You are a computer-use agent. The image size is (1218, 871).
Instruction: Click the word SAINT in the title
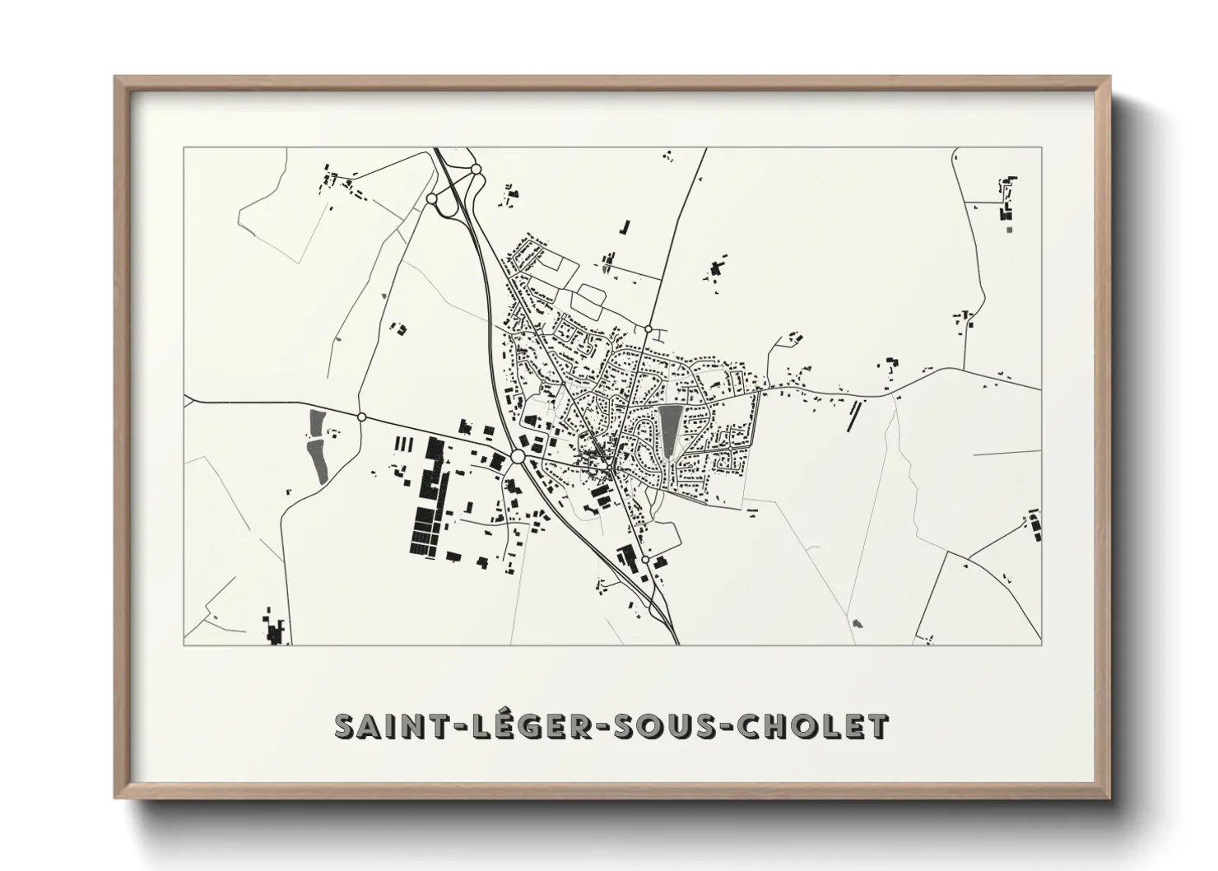[386, 726]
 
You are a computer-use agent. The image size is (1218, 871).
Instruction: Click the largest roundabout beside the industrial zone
[518, 456]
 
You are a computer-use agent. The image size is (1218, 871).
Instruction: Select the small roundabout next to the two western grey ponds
[361, 417]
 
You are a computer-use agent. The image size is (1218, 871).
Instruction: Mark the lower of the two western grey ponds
[318, 459]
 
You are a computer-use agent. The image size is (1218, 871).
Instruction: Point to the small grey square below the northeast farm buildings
[1008, 231]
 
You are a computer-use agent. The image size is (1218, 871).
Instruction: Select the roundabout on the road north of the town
[649, 329]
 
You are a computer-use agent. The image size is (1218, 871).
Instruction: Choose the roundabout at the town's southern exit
[646, 560]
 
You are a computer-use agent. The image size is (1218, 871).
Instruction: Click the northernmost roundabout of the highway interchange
[476, 169]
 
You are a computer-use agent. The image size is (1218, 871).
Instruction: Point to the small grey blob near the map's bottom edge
[858, 623]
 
